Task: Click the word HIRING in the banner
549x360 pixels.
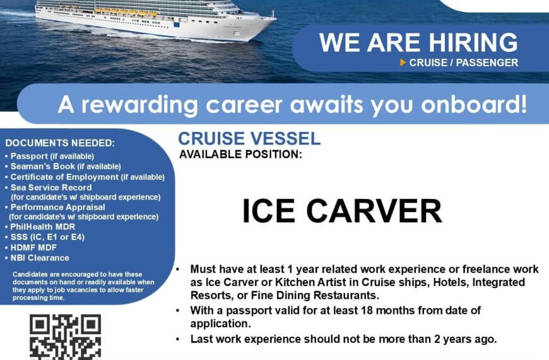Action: (x=473, y=42)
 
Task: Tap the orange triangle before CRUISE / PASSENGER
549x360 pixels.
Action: (x=403, y=63)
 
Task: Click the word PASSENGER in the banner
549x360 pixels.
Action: (x=487, y=63)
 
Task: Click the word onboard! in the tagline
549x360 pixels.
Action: (x=474, y=104)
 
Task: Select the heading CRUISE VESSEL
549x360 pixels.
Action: (x=249, y=138)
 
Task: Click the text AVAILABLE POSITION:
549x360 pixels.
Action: (x=240, y=154)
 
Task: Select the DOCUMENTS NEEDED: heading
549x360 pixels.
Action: (x=60, y=143)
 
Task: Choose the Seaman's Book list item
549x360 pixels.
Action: (x=63, y=166)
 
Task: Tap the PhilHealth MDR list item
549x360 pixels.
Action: (x=40, y=227)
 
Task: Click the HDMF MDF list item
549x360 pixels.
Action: (x=31, y=248)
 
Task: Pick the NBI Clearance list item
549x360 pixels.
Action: (x=37, y=258)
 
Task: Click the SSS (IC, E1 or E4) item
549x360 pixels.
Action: (x=45, y=237)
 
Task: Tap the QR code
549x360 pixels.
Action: (x=66, y=337)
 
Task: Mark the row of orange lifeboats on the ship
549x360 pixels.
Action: (x=126, y=13)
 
